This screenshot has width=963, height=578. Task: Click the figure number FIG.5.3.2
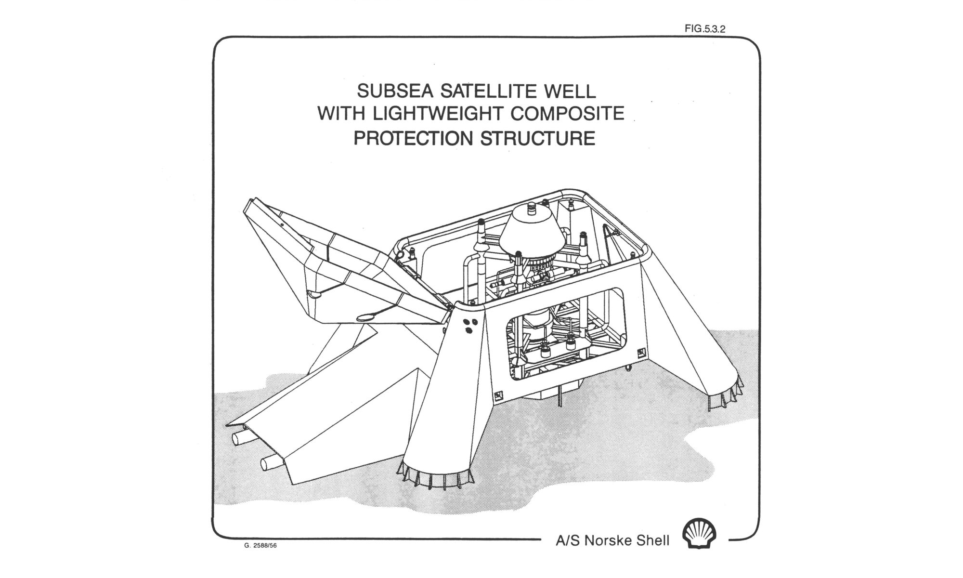point(704,29)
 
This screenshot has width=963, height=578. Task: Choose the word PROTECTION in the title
point(413,138)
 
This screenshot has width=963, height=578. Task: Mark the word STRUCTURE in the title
point(538,138)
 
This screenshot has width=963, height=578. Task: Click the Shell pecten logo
point(699,533)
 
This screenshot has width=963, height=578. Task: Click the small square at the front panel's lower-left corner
point(498,395)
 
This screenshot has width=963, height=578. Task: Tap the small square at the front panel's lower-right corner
point(640,353)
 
